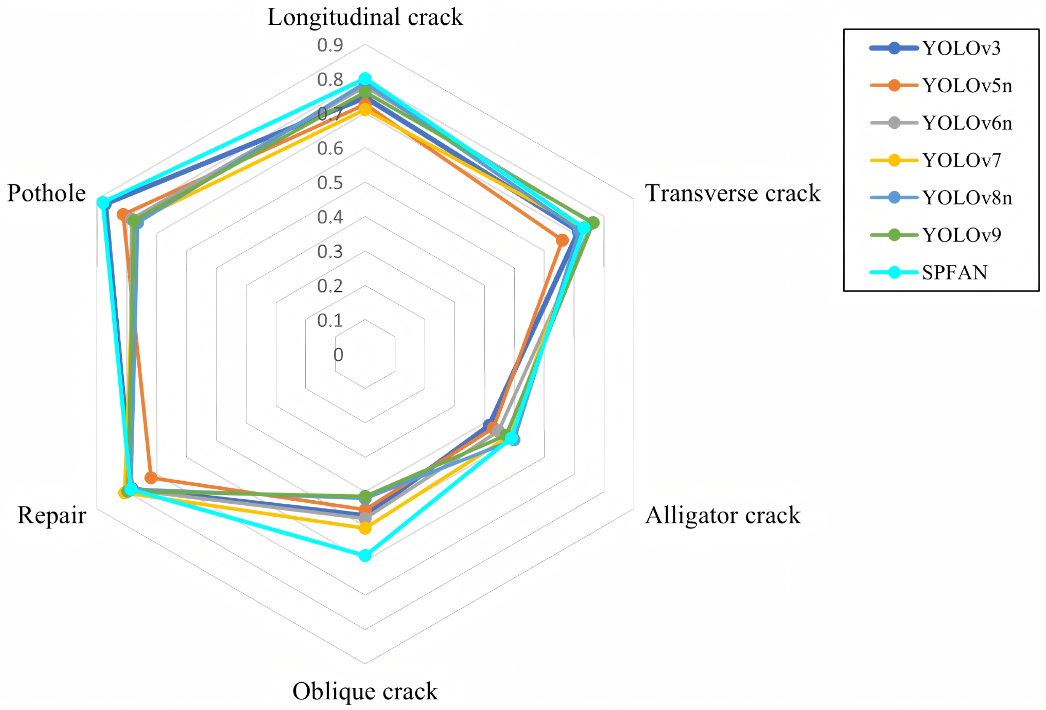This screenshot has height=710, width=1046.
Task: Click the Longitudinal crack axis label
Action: (x=365, y=17)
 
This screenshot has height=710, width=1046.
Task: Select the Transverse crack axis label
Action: (x=733, y=193)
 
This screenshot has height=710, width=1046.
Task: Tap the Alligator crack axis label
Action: (x=723, y=515)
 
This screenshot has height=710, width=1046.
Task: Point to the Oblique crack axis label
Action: (x=365, y=691)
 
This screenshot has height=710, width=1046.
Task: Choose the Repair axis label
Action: (x=52, y=515)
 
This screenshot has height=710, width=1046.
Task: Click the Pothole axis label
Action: (x=46, y=193)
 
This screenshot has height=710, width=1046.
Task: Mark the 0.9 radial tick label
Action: (x=330, y=45)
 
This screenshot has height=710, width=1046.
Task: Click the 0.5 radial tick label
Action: (x=330, y=183)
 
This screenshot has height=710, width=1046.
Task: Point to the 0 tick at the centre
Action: (x=338, y=354)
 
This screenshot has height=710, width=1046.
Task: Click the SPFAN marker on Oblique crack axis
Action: (x=365, y=555)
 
